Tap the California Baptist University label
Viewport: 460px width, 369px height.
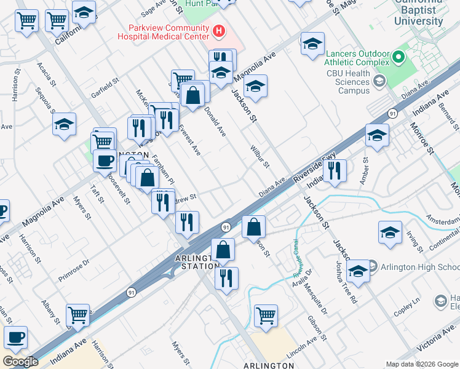(x=418, y=12)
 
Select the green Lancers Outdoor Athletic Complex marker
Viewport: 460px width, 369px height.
(x=398, y=58)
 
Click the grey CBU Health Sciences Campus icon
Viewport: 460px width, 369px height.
(x=379, y=81)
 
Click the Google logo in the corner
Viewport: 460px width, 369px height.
(x=21, y=362)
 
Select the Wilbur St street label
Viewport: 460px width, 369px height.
(x=260, y=156)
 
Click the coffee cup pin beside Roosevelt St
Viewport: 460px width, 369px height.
(x=105, y=161)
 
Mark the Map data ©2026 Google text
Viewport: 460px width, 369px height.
(x=422, y=364)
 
